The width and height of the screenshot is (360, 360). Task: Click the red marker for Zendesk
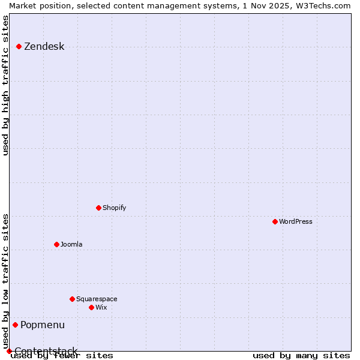19,46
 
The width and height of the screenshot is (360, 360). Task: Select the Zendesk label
44,47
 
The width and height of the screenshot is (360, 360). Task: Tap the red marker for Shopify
98,208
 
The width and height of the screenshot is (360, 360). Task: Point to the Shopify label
114,208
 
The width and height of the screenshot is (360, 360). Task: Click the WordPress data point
275,221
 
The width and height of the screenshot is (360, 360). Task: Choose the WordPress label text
295,222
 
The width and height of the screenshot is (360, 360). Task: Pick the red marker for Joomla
56,244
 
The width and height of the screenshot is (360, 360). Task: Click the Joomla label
71,245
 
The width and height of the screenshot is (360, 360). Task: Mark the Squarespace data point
72,299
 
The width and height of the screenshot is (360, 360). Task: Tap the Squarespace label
97,299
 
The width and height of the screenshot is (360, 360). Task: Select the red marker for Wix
91,307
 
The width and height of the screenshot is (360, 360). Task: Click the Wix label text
101,308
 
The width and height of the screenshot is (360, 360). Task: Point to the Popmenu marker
15,325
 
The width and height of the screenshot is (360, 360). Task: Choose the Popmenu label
42,325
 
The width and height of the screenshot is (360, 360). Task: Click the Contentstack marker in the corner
9,351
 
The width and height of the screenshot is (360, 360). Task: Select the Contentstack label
46,351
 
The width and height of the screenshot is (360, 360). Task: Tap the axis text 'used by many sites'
301,356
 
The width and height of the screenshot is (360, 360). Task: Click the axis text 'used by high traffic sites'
6,85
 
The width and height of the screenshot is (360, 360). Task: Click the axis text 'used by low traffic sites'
6,281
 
